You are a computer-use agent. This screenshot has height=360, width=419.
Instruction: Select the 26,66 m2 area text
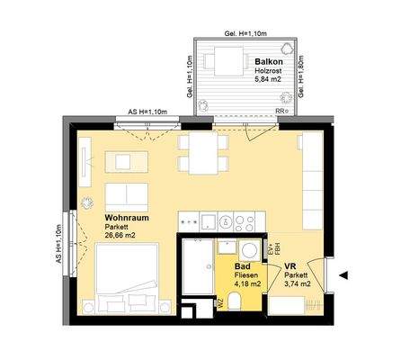[x=120, y=237]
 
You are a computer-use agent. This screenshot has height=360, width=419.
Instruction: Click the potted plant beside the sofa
[x=87, y=202]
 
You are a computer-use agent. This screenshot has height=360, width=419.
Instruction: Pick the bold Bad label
[x=242, y=266]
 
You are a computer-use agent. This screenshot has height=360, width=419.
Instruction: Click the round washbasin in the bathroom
[x=250, y=247]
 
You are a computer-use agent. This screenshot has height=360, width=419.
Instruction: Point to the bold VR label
[x=290, y=266]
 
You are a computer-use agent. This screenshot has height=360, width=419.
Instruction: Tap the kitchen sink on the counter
[x=206, y=220]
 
